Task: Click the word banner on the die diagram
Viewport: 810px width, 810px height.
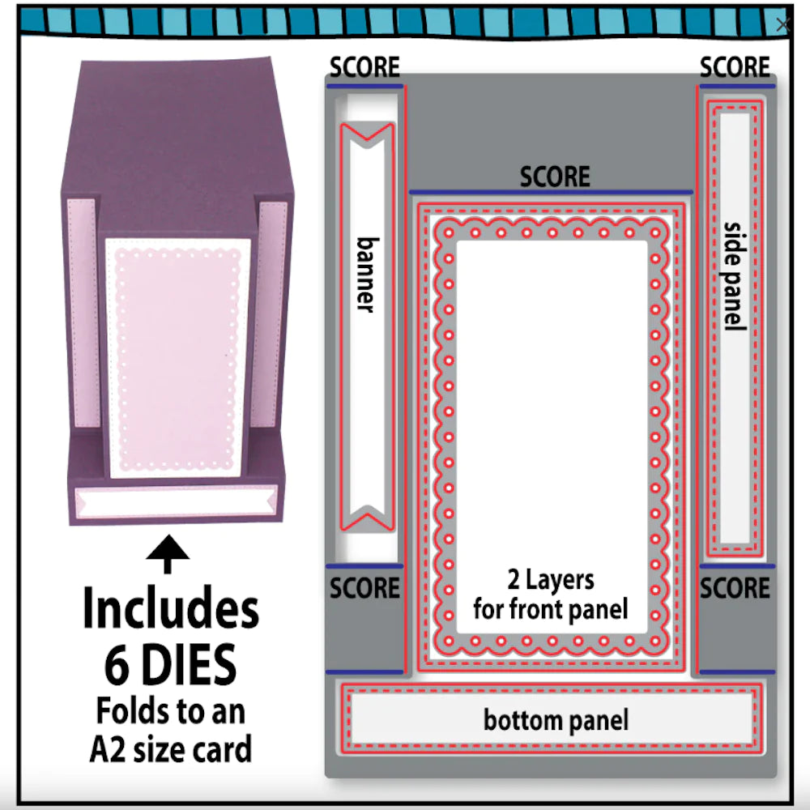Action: [x=366, y=275]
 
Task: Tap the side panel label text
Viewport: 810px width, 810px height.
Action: [x=734, y=275]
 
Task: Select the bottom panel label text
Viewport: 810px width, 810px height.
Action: [x=556, y=719]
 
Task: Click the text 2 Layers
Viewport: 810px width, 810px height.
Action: [x=551, y=580]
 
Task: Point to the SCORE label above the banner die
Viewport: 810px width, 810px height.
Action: [x=364, y=67]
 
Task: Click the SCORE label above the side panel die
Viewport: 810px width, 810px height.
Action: [x=735, y=67]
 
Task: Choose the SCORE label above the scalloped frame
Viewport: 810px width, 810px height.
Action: [x=555, y=176]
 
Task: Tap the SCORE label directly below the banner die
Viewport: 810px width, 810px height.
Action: [x=364, y=588]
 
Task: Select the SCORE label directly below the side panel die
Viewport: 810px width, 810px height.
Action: [x=735, y=588]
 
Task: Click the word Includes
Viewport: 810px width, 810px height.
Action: [x=171, y=611]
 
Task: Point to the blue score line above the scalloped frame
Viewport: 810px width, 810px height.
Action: [x=551, y=192]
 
